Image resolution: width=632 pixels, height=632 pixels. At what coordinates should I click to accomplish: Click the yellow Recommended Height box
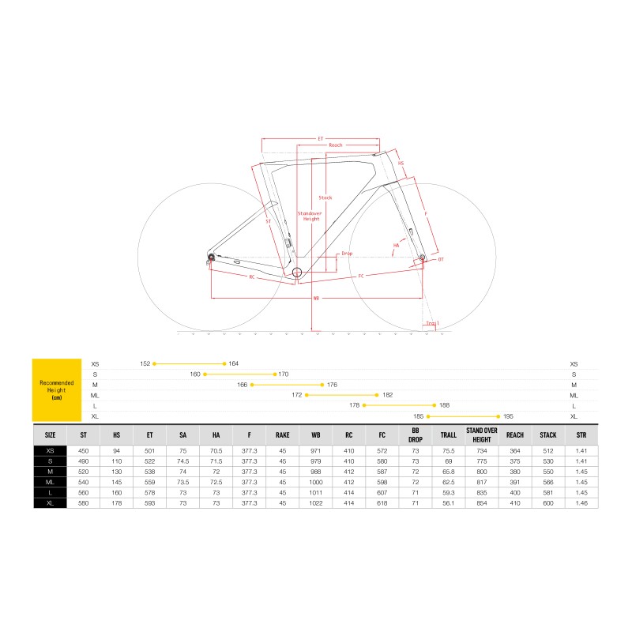pyautogui.click(x=57, y=389)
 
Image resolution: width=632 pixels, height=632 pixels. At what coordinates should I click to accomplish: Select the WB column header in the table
pyautogui.click(x=316, y=434)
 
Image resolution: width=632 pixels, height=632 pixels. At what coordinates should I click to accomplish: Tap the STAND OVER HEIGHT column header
pyautogui.click(x=481, y=434)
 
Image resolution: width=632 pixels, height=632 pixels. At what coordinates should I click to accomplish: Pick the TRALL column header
pyautogui.click(x=448, y=434)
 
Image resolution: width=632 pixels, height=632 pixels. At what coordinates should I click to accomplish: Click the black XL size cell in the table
pyautogui.click(x=50, y=502)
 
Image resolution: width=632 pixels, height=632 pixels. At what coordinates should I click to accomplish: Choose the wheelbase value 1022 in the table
pyautogui.click(x=316, y=502)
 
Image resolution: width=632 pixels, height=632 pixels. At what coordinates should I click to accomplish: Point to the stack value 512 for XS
pyautogui.click(x=547, y=450)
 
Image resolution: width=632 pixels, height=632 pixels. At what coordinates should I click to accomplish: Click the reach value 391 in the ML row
pyautogui.click(x=515, y=482)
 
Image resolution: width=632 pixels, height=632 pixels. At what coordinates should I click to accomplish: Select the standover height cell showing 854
pyautogui.click(x=481, y=502)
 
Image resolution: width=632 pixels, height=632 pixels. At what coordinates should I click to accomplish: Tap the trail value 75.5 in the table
pyautogui.click(x=448, y=450)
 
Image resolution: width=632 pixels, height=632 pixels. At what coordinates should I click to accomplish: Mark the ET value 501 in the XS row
pyautogui.click(x=149, y=450)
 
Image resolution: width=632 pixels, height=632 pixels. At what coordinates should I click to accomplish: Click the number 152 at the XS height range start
pyautogui.click(x=145, y=363)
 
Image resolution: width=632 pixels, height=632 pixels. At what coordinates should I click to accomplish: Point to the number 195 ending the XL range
pyautogui.click(x=508, y=416)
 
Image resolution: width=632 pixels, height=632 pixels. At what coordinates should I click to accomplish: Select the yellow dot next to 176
pyautogui.click(x=322, y=385)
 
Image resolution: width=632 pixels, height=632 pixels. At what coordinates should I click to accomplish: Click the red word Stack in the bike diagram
pyautogui.click(x=325, y=197)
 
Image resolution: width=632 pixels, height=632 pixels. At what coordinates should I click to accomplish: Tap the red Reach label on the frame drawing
pyautogui.click(x=335, y=145)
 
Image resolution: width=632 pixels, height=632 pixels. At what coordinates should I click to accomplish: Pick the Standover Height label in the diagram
pyautogui.click(x=311, y=216)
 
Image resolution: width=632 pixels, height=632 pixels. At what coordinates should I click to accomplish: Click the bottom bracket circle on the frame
pyautogui.click(x=297, y=273)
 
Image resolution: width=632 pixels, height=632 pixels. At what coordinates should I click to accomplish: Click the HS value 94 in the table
pyautogui.click(x=116, y=450)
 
